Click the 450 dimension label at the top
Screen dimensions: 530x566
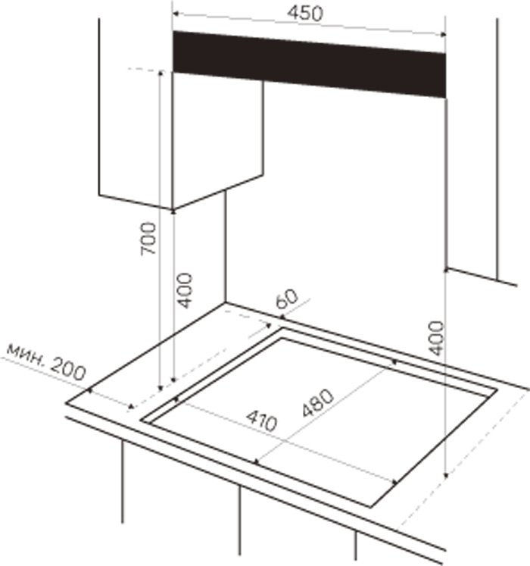click(305, 14)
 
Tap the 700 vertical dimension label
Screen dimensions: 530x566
click(148, 239)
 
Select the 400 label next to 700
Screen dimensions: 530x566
click(185, 291)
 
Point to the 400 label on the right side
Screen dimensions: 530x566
click(436, 338)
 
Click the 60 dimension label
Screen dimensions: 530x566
click(287, 299)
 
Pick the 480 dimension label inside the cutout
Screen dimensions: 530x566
click(317, 402)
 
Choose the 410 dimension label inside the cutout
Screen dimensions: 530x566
click(262, 421)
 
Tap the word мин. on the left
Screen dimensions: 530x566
click(26, 353)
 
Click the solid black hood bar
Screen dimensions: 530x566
click(309, 64)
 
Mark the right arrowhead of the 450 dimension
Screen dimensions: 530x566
click(443, 35)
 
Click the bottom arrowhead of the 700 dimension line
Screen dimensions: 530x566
click(161, 388)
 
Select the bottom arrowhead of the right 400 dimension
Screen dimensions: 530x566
click(446, 474)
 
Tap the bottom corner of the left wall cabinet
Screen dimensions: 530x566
click(173, 209)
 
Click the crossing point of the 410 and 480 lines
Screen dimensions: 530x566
click(285, 441)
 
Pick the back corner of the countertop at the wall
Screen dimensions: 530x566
click(226, 303)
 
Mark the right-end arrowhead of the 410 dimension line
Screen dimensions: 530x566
click(394, 482)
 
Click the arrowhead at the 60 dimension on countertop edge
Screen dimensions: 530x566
click(282, 317)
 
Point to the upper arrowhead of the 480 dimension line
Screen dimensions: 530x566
click(394, 362)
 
